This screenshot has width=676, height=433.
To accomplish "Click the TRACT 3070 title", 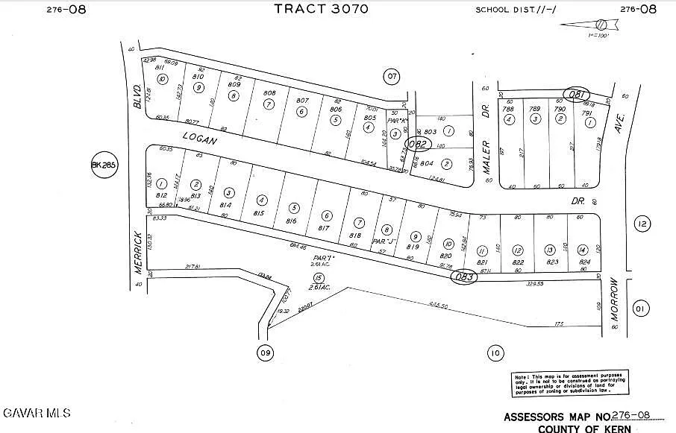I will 322,9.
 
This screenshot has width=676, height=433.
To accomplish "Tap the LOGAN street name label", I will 199,137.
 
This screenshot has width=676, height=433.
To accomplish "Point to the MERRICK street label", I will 138,253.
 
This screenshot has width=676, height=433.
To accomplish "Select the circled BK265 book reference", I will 104,165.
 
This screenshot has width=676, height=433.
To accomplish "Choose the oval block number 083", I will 463,277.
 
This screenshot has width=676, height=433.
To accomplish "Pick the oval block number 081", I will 576,95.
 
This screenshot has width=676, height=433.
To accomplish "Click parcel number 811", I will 160,67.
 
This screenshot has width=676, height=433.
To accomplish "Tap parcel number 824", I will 583,262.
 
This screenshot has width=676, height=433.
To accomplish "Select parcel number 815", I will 259,213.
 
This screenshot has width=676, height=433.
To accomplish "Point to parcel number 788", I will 508,109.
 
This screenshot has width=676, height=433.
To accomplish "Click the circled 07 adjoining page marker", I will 391,75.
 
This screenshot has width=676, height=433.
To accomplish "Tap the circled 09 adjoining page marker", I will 264,353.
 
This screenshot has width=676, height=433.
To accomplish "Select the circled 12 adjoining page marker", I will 642,223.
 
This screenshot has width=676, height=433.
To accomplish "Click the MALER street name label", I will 485,158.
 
